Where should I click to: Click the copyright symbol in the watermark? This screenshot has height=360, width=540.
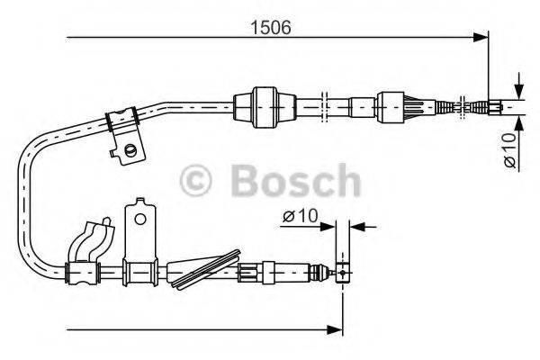(200, 181)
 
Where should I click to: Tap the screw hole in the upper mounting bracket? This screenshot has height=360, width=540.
(132, 148)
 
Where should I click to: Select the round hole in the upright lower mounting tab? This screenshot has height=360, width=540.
(139, 217)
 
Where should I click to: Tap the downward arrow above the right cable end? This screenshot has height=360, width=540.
(518, 88)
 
